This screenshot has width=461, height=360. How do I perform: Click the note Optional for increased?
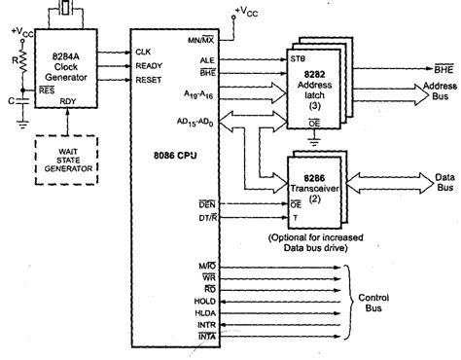coord(313,236)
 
